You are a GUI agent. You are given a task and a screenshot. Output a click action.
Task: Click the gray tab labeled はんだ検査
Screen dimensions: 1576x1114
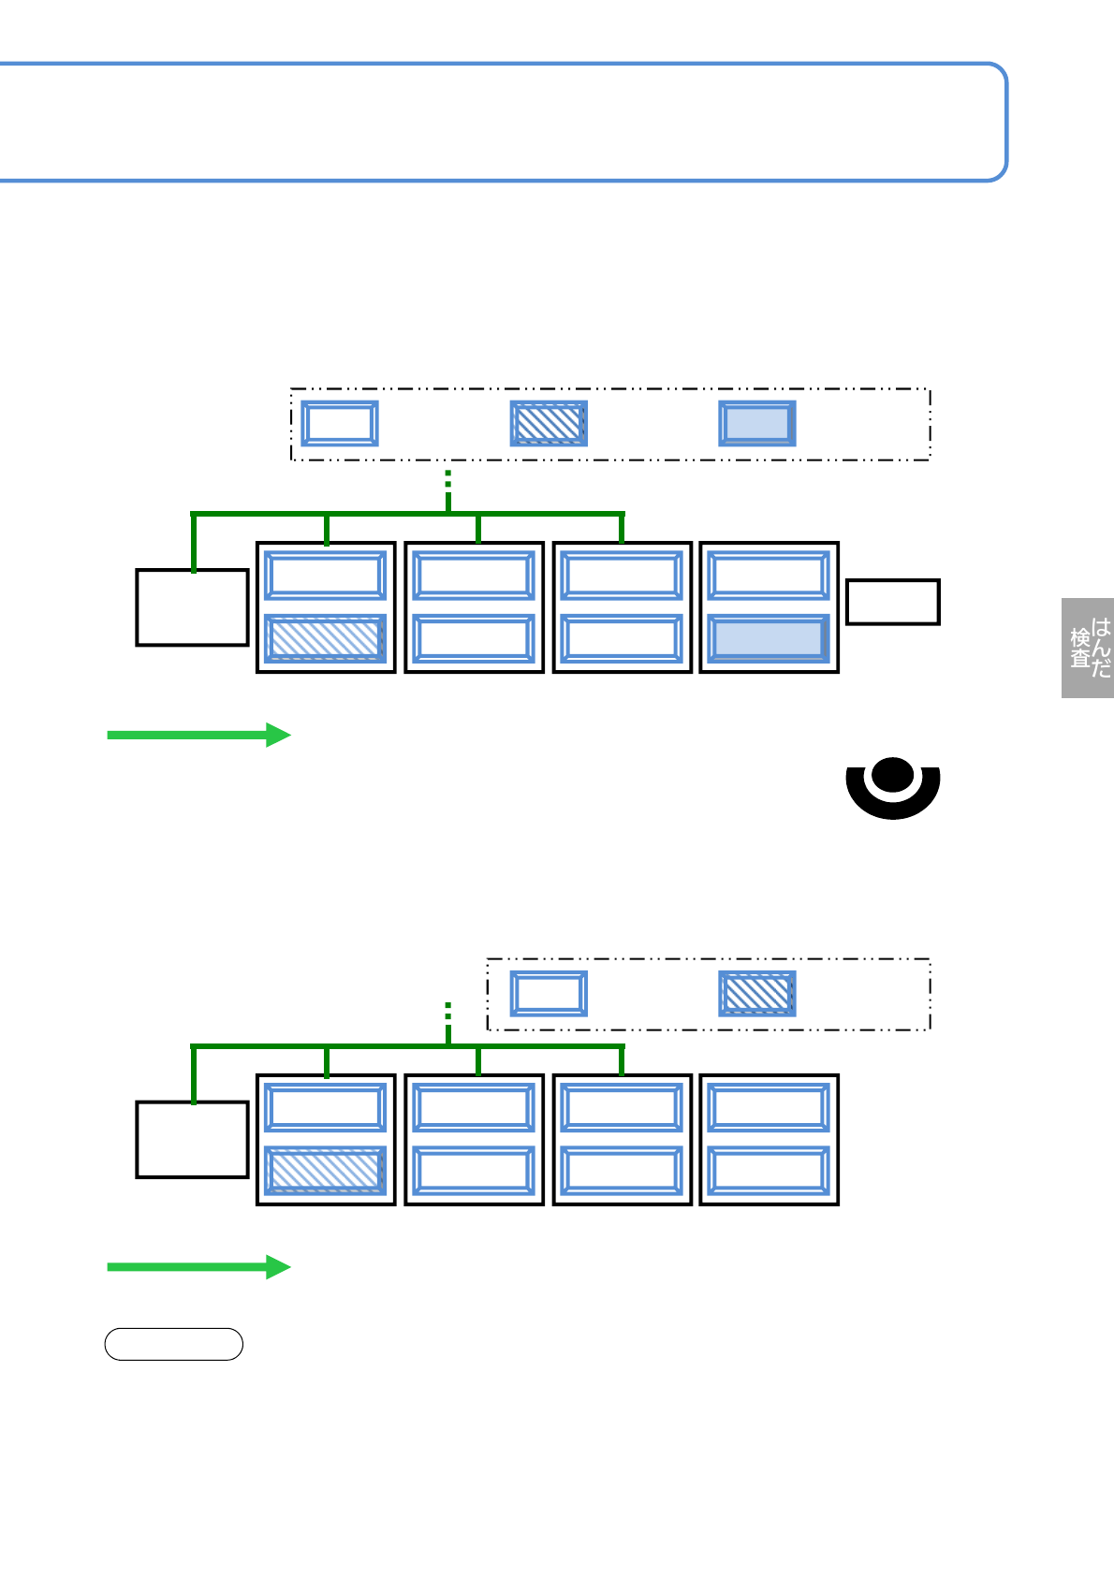click(x=1088, y=648)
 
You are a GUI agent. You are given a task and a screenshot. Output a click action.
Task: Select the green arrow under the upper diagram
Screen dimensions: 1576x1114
click(x=198, y=735)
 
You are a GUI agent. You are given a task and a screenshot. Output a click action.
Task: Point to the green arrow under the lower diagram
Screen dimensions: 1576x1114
click(x=198, y=1267)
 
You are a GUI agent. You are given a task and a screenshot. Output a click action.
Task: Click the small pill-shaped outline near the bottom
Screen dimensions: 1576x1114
click(x=173, y=1344)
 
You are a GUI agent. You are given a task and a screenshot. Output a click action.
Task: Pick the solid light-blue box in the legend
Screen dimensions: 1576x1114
click(x=756, y=424)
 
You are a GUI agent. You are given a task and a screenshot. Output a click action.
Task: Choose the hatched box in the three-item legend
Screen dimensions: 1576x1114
click(x=549, y=424)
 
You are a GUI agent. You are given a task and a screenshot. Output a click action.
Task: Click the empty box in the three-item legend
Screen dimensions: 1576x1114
click(x=339, y=424)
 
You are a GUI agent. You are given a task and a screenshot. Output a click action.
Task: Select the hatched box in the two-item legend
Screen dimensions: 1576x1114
click(x=756, y=994)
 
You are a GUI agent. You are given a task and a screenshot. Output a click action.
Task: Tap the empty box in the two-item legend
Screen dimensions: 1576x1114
click(x=549, y=994)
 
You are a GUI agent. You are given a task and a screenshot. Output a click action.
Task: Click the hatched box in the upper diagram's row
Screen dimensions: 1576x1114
click(x=325, y=638)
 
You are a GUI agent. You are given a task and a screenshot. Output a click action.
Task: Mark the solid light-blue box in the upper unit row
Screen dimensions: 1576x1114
click(x=769, y=638)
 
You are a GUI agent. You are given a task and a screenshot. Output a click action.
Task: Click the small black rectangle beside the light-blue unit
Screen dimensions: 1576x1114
click(x=892, y=602)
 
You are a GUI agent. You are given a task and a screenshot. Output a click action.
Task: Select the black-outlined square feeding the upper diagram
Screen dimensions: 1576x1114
click(x=192, y=607)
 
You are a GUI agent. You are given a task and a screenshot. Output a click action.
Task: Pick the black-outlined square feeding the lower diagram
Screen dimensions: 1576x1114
click(x=192, y=1140)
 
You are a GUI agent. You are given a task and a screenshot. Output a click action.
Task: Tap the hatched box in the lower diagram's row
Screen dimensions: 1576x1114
click(x=325, y=1171)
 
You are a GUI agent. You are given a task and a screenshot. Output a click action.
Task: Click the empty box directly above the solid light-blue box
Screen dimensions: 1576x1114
click(x=769, y=576)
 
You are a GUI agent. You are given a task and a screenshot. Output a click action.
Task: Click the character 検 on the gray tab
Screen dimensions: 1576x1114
click(x=1080, y=637)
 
